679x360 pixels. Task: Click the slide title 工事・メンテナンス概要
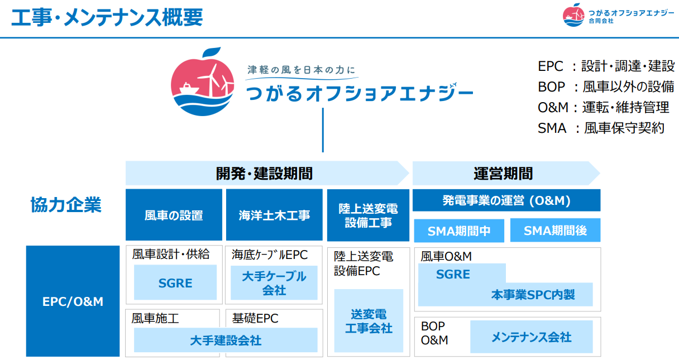tap(107, 18)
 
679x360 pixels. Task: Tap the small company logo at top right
tap(618, 15)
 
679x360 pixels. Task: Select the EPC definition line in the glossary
tap(606, 66)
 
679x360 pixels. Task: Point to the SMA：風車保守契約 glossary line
tap(601, 128)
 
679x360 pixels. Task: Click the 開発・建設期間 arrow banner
tap(265, 173)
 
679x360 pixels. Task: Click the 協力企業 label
tap(66, 205)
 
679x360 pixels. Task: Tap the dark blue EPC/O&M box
tap(73, 301)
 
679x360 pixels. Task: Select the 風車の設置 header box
tap(174, 215)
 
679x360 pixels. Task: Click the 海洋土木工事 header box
tap(274, 215)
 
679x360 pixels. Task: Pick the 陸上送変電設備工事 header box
tap(369, 215)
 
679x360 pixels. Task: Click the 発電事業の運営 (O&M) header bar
tap(506, 200)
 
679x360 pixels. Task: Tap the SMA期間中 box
tap(459, 231)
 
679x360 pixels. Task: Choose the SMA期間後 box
tap(555, 231)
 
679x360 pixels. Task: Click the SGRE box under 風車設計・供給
tap(175, 283)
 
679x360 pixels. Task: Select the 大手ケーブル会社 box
tap(274, 283)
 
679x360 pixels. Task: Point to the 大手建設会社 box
tap(226, 340)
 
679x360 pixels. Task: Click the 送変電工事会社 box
tap(369, 321)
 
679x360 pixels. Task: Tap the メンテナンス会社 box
tap(531, 337)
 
